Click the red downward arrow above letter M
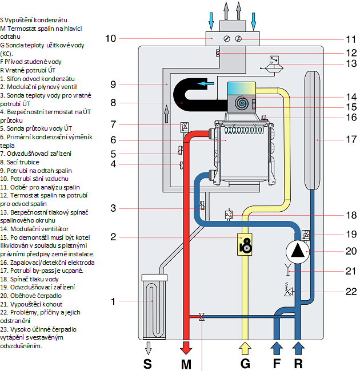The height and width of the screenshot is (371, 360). [x=186, y=348]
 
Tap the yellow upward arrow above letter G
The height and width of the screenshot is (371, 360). [x=245, y=348]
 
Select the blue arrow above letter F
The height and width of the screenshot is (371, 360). [x=277, y=348]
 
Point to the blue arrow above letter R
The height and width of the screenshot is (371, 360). [x=298, y=348]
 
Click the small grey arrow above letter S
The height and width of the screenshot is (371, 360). [x=148, y=348]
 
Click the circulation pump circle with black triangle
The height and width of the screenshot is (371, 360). [x=298, y=252]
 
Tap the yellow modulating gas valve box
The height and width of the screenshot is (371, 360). [x=245, y=244]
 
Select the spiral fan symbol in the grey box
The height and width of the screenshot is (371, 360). [x=242, y=103]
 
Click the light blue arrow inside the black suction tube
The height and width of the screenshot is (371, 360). [x=206, y=83]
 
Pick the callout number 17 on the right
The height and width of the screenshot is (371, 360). [x=351, y=139]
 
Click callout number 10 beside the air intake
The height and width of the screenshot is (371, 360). [x=111, y=38]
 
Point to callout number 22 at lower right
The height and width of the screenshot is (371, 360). [x=351, y=291]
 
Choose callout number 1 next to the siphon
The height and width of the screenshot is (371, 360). [x=114, y=301]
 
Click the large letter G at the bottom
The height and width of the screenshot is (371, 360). [x=245, y=364]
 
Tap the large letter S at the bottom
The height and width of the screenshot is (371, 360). [x=147, y=364]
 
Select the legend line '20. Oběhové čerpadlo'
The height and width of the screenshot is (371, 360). [x=31, y=296]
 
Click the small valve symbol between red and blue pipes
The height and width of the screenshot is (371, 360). [x=202, y=316]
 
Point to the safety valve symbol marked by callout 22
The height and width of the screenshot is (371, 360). [x=288, y=289]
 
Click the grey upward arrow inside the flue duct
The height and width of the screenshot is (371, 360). [x=166, y=114]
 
